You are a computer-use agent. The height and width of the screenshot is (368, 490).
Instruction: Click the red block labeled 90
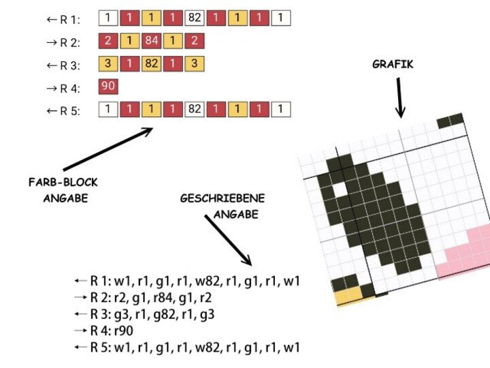click(x=108, y=86)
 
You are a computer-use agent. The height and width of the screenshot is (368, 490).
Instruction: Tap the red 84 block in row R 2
click(x=151, y=40)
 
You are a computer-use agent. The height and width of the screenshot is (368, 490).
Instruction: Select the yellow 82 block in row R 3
click(x=151, y=63)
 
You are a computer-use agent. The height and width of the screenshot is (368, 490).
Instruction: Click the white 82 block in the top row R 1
click(x=195, y=18)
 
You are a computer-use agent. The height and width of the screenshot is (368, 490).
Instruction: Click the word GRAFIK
click(x=393, y=65)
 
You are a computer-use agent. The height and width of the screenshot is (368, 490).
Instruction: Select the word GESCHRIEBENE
click(x=223, y=199)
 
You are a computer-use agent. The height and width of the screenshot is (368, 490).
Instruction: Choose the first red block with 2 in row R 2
click(x=108, y=40)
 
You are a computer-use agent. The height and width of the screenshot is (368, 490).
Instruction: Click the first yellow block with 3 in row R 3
click(x=108, y=63)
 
